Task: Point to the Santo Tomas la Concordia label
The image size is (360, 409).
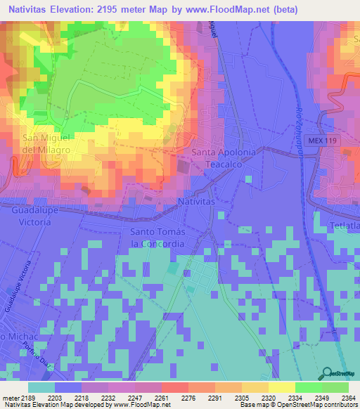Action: (157, 238)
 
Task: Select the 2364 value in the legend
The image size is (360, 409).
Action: (335, 397)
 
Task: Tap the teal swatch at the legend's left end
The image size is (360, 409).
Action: (41, 387)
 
